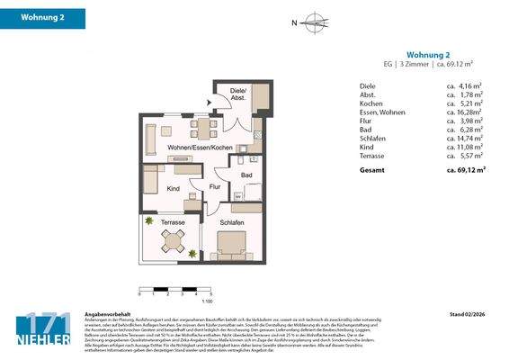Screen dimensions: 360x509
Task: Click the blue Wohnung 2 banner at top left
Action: pyautogui.click(x=43, y=17)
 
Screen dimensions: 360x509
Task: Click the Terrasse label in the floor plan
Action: pyautogui.click(x=173, y=221)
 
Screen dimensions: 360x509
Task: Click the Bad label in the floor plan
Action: pyautogui.click(x=246, y=175)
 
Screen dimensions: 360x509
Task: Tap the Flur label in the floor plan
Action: pyautogui.click(x=216, y=187)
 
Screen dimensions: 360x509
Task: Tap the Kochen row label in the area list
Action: pyautogui.click(x=371, y=103)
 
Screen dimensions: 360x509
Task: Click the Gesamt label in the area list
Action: pyautogui.click(x=372, y=168)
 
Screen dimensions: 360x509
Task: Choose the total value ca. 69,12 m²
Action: pyautogui.click(x=466, y=168)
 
